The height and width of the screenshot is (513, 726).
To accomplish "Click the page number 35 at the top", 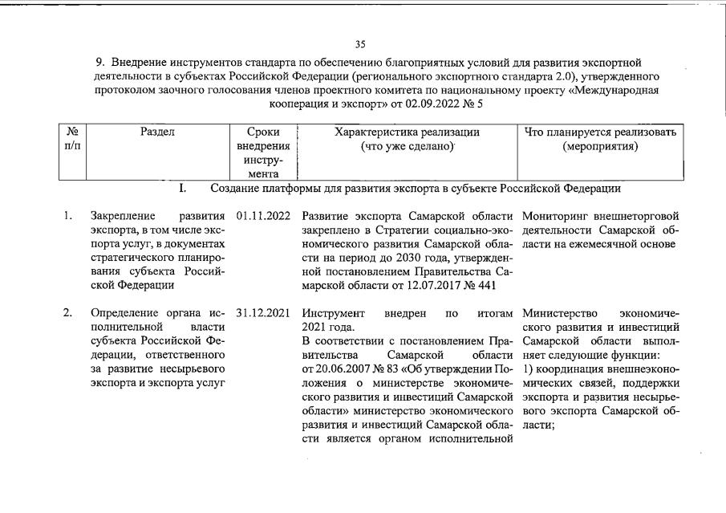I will (x=360, y=44).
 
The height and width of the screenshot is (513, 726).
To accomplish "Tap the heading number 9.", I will (x=100, y=62).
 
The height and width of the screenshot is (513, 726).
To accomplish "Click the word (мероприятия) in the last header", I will (x=600, y=147).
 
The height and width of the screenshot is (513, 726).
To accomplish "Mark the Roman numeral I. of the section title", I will (x=183, y=189).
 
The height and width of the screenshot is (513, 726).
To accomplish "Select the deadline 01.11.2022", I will (x=263, y=216).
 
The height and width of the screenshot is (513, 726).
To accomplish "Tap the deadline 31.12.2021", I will (x=263, y=313).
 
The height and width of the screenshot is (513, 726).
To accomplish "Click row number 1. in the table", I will (x=70, y=216).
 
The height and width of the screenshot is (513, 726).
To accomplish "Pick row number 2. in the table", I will (x=70, y=313).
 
